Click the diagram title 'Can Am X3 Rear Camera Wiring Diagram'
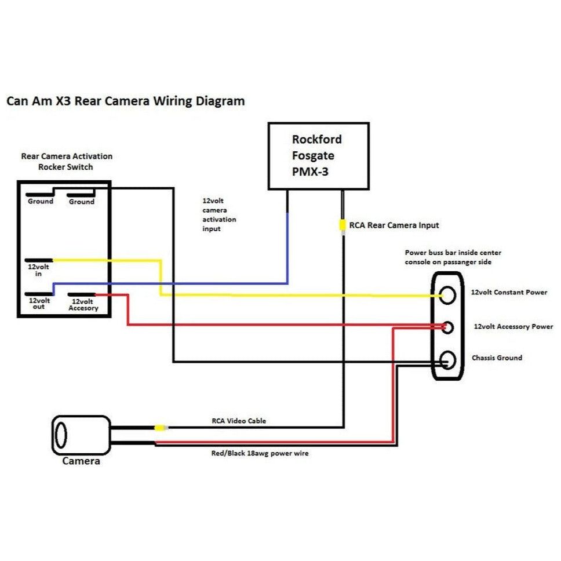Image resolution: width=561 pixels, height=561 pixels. click(x=125, y=101)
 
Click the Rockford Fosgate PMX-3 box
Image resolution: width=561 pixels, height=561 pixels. click(x=318, y=155)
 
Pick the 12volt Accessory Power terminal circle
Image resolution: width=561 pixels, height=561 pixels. click(x=448, y=327)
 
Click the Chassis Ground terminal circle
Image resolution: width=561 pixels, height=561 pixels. click(x=448, y=360)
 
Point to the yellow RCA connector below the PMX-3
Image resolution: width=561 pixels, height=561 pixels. click(x=343, y=225)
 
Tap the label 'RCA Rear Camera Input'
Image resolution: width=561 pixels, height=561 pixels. click(x=394, y=225)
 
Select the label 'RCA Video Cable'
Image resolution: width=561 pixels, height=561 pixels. click(x=238, y=421)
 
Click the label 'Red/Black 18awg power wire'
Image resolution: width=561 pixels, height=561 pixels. click(x=260, y=453)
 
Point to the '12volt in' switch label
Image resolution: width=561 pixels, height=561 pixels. click(x=39, y=270)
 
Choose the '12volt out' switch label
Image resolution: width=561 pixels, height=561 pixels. click(x=39, y=303)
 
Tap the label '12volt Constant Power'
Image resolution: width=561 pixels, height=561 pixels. click(x=509, y=292)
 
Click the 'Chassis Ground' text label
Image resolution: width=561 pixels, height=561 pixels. click(x=497, y=358)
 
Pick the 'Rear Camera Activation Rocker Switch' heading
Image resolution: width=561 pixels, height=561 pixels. click(x=67, y=161)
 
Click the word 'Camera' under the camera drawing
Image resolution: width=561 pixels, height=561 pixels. click(x=81, y=461)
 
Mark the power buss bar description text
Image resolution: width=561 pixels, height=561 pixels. click(x=453, y=257)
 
